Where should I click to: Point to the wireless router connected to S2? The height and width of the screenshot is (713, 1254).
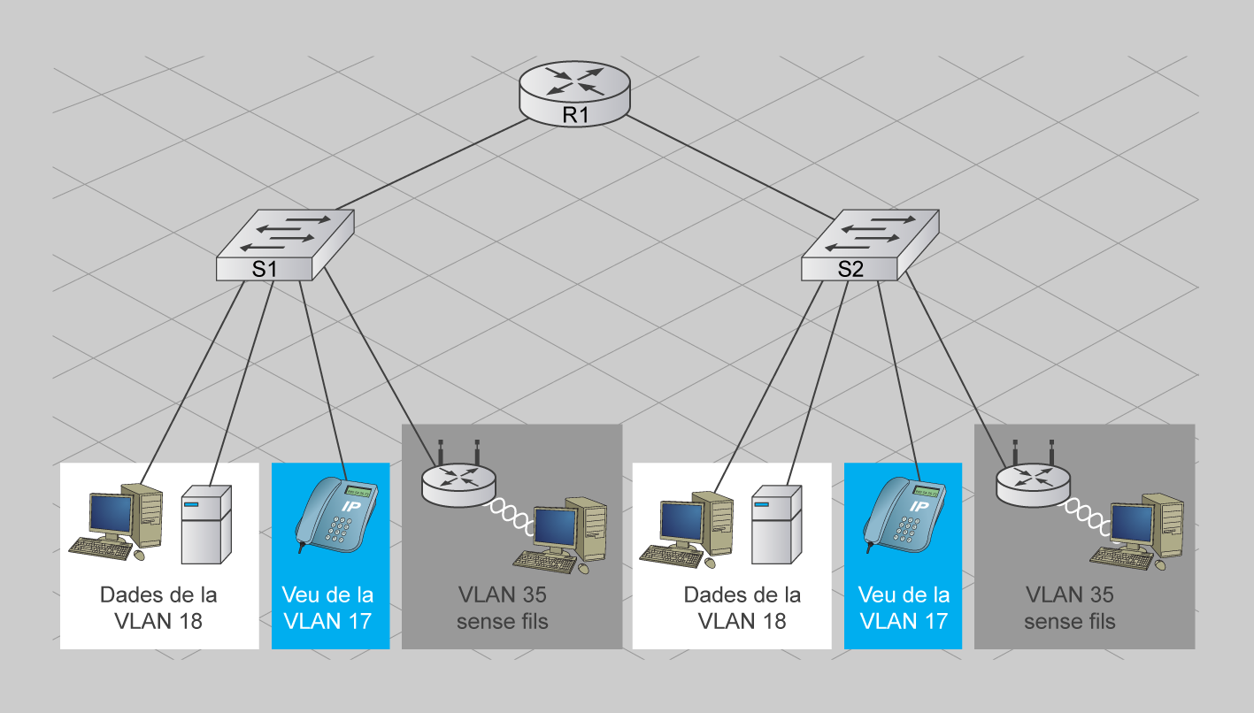tap(1032, 482)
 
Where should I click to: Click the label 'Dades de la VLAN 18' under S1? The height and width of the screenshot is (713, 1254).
tap(158, 608)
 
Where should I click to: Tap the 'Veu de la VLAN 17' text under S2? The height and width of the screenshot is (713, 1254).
tap(904, 608)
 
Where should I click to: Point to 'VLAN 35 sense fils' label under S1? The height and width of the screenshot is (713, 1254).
tap(503, 608)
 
